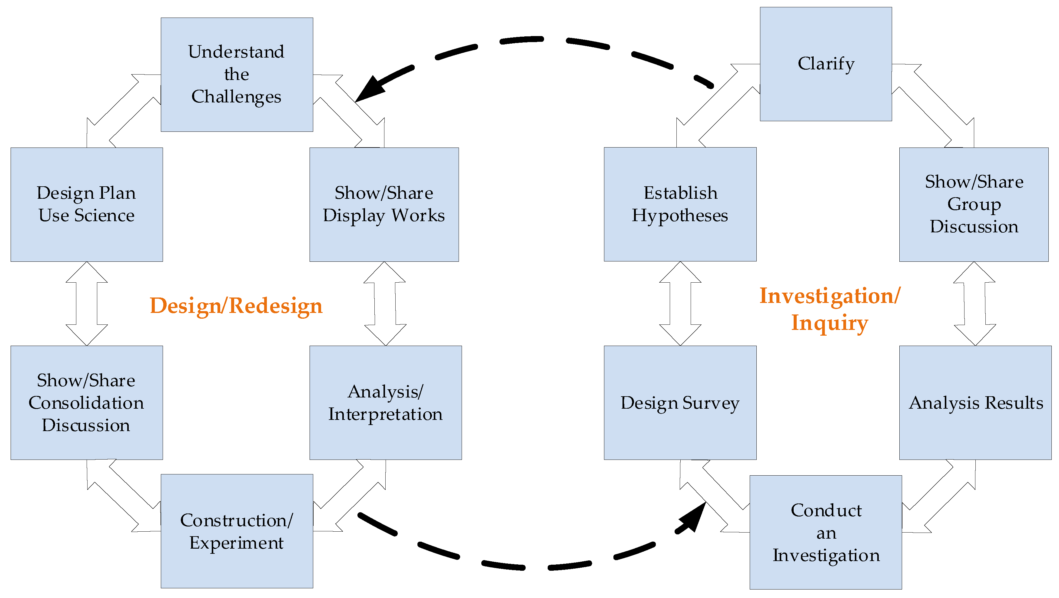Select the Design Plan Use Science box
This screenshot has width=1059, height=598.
click(86, 204)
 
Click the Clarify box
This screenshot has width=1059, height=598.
click(825, 64)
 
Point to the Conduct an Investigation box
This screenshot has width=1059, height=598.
click(825, 532)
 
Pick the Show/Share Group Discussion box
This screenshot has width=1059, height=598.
click(974, 204)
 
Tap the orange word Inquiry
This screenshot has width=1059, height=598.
click(830, 323)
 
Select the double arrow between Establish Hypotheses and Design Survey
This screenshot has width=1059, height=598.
click(680, 303)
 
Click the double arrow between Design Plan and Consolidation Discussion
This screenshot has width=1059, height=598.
click(87, 303)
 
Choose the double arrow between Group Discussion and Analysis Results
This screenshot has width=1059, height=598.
click(974, 303)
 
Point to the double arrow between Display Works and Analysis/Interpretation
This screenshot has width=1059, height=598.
click(385, 303)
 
